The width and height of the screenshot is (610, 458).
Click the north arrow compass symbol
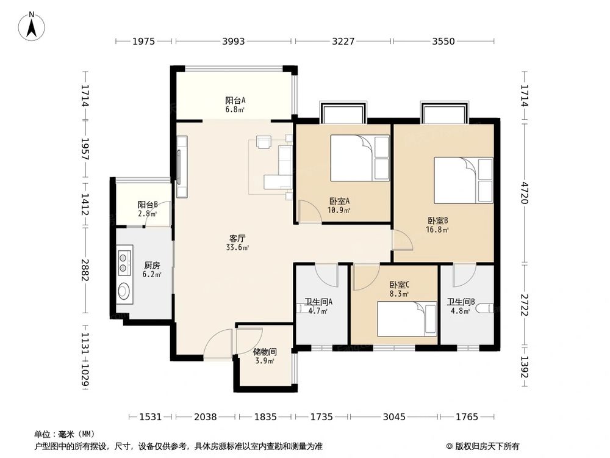pyautogui.click(x=32, y=26)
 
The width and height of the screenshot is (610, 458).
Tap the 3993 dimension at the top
pyautogui.click(x=234, y=41)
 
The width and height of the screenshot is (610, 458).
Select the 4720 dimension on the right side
pyautogui.click(x=525, y=193)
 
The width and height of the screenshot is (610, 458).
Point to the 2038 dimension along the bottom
pyautogui.click(x=206, y=416)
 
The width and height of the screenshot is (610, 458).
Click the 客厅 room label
pyautogui.click(x=237, y=238)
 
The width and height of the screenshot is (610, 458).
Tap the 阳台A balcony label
pyautogui.click(x=235, y=101)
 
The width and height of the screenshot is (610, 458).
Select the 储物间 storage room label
pyautogui.click(x=265, y=352)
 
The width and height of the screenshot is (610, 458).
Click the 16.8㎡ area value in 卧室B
pyautogui.click(x=437, y=230)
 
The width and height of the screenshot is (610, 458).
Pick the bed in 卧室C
pyautogui.click(x=406, y=319)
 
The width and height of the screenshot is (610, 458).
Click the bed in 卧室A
pyautogui.click(x=360, y=158)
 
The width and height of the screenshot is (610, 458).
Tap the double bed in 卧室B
pyautogui.click(x=464, y=180)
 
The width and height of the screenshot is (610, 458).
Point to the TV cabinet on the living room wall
pyautogui.click(x=182, y=167)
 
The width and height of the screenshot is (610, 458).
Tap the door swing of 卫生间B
pyautogui.click(x=464, y=275)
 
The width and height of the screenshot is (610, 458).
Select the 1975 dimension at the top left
pyautogui.click(x=143, y=41)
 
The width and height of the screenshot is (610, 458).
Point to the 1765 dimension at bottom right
pyautogui.click(x=467, y=416)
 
